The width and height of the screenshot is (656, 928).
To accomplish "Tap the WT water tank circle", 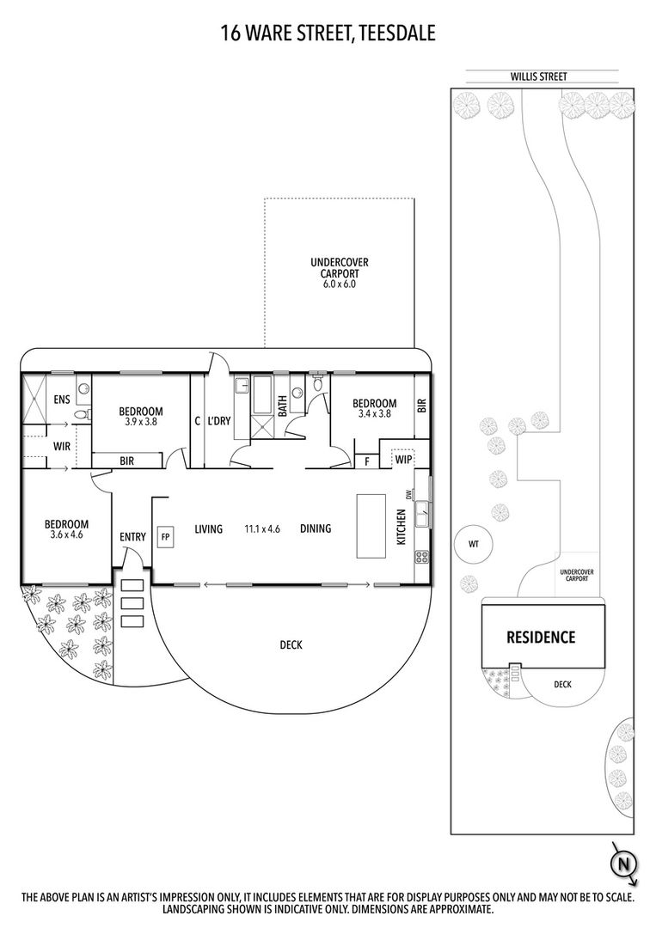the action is (474, 543).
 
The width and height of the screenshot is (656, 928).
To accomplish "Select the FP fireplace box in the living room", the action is (165, 537).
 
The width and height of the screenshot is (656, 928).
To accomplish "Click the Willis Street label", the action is (539, 76).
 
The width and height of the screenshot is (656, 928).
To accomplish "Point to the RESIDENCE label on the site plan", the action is (541, 637).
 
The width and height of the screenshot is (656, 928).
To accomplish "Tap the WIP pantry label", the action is (403, 460).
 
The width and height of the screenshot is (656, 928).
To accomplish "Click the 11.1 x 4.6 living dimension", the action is (262, 528).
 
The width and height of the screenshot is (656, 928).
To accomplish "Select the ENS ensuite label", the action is (62, 400).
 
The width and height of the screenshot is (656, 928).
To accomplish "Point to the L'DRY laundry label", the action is (219, 421).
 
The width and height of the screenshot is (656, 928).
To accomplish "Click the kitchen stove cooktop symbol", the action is (422, 556).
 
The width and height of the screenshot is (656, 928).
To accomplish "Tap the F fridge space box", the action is (367, 461).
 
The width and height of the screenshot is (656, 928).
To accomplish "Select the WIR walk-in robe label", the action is (62, 446).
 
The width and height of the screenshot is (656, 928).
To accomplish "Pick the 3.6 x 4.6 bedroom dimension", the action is (67, 534).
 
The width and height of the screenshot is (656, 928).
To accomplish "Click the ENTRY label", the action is (132, 537).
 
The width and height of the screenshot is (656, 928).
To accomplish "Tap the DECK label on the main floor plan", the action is (291, 644).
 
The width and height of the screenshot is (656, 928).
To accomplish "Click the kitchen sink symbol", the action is (422, 513).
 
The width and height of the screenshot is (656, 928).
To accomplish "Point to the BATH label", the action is (282, 406).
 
